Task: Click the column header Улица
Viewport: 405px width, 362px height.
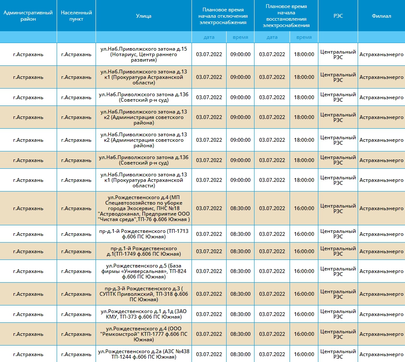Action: coord(144,16)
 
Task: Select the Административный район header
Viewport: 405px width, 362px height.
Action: coord(28,16)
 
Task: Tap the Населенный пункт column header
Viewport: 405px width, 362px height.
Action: coord(76,16)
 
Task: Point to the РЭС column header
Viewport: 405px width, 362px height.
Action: coord(338,16)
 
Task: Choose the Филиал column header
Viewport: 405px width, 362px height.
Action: coord(381,16)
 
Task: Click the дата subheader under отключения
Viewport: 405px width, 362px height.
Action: coord(209,37)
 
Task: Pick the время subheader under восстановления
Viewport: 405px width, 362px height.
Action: coord(304,37)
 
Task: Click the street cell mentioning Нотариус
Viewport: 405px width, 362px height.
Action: coord(144,54)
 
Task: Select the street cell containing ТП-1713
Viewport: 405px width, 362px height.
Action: coord(144,234)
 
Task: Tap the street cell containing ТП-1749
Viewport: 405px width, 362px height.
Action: coord(144,251)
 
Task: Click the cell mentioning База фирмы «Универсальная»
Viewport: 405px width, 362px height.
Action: coord(144,271)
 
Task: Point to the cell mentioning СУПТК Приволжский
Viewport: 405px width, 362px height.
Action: coord(144,294)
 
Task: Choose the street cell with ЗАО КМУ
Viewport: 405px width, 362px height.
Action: coord(144,314)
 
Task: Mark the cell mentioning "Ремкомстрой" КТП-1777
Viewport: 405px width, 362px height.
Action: coord(144,334)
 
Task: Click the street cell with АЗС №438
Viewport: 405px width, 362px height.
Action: coord(144,354)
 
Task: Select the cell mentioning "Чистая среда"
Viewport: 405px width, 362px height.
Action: coord(144,208)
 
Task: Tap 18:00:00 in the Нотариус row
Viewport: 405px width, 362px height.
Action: coord(304,54)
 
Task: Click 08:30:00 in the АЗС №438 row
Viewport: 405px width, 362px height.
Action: coord(241,354)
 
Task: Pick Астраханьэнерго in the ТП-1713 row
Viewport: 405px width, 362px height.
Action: coord(381,234)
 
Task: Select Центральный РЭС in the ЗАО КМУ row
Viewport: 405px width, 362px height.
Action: coord(338,314)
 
